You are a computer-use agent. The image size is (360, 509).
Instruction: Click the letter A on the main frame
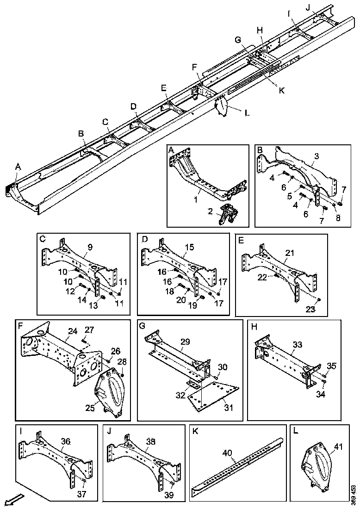pyautogui.click(x=18, y=166)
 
